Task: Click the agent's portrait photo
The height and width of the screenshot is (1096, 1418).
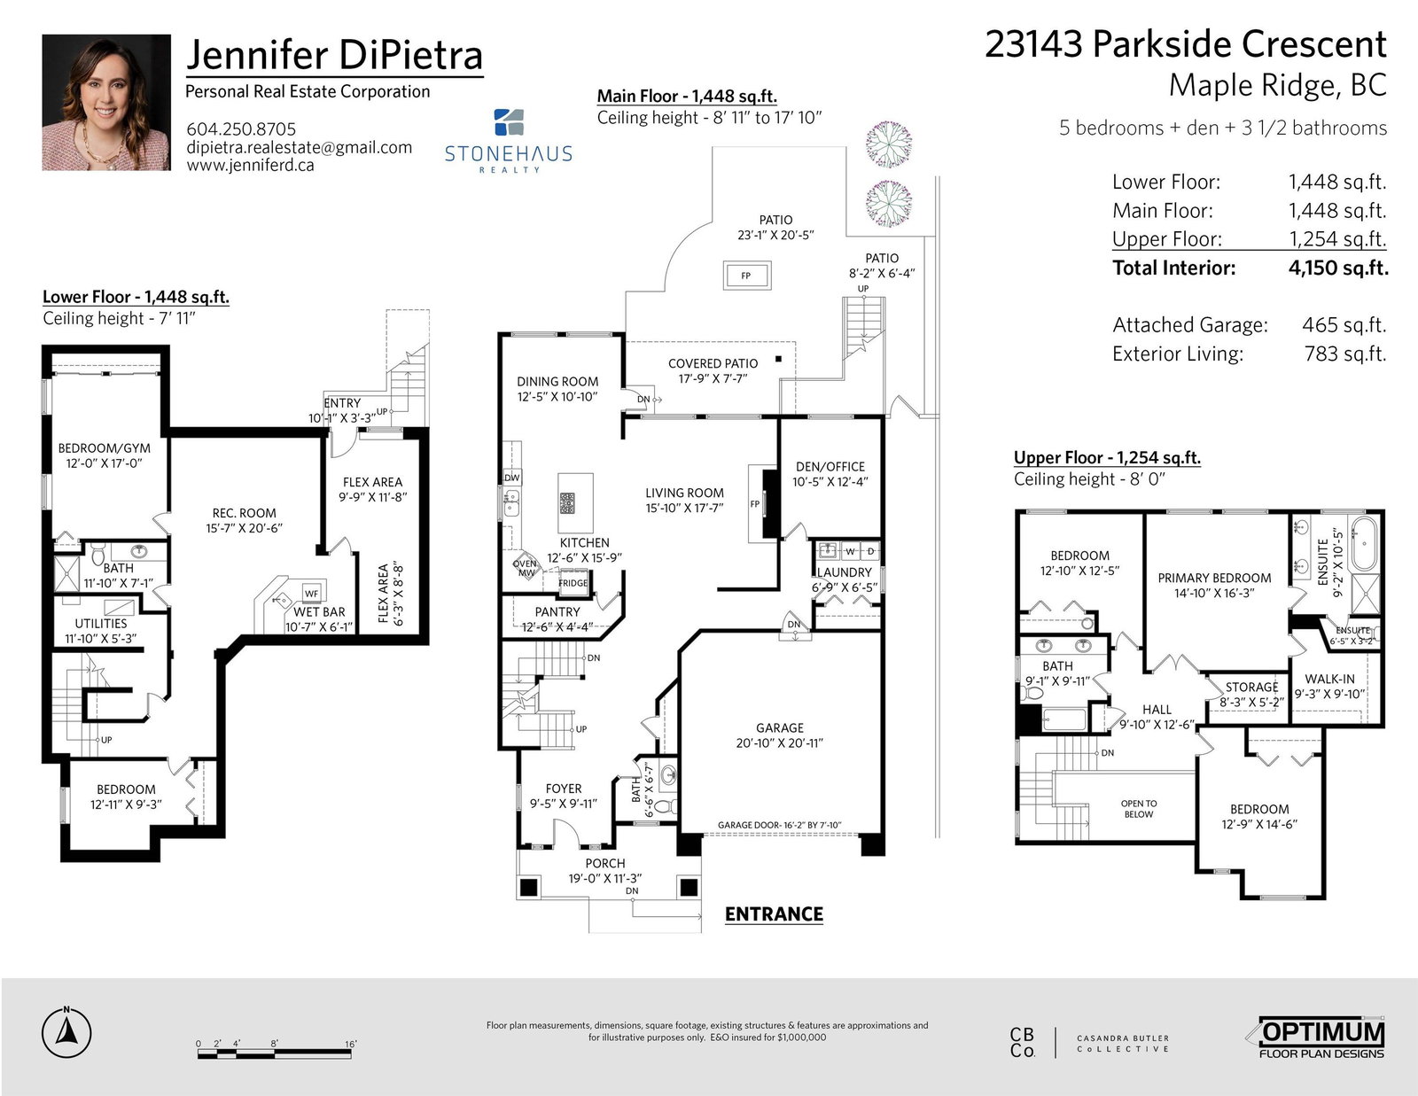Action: (106, 103)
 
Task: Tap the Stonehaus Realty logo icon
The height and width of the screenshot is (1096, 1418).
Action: (509, 122)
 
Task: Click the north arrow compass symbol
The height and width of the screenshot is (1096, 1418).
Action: (66, 1032)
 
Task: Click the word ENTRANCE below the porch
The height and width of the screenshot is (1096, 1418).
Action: (774, 914)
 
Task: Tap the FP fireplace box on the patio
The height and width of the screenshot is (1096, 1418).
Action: (746, 276)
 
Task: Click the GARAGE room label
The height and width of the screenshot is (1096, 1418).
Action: (780, 727)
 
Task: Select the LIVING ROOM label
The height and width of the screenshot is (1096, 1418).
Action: (684, 494)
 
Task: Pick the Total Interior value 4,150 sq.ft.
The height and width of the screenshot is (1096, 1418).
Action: (1337, 268)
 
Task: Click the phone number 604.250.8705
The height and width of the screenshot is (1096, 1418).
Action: (241, 129)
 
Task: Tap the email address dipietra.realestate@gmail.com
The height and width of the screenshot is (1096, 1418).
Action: (299, 147)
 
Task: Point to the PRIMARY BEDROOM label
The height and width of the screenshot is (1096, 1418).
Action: (1214, 578)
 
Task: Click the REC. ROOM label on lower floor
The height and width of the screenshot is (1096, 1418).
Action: (244, 513)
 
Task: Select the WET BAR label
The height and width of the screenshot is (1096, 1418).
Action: (319, 612)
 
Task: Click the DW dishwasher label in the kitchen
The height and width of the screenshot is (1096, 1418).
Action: (512, 478)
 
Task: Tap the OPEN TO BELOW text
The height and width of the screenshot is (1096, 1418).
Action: (1139, 809)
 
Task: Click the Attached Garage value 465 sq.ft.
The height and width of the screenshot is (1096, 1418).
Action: (1344, 325)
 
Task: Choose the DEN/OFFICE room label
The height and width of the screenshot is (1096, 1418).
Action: (830, 466)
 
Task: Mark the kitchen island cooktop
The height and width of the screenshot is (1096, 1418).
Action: (567, 503)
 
